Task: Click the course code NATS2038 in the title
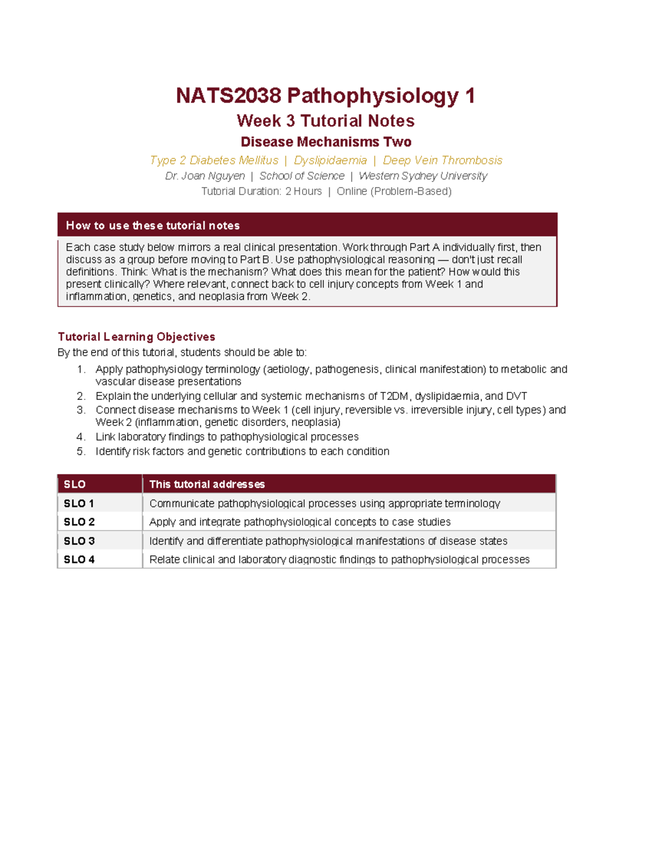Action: pos(228,96)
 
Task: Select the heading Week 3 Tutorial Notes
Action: pos(325,121)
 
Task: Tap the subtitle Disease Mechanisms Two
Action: pos(325,142)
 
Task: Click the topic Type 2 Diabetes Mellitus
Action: pos(214,160)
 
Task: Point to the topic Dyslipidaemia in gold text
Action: pos(330,160)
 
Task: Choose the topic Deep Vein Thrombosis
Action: pos(442,160)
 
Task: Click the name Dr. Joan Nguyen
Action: pos(205,176)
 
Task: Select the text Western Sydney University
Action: pos(423,176)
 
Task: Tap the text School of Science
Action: pos(302,176)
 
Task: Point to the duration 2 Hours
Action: pos(304,191)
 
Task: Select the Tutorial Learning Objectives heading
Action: pos(136,337)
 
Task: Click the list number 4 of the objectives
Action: pos(80,437)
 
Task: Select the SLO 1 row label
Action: pos(79,504)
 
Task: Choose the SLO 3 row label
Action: pos(79,541)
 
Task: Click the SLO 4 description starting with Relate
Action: pos(339,560)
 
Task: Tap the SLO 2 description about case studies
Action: pos(300,522)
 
